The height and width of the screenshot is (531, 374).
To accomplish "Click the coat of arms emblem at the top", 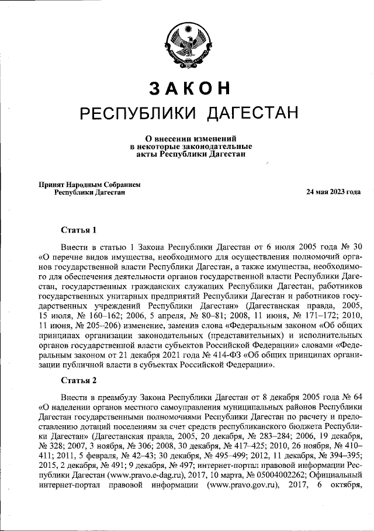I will click(x=187, y=42).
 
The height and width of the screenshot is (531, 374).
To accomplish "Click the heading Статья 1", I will click(x=78, y=228).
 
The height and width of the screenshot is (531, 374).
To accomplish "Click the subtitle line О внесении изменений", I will click(x=187, y=138).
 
